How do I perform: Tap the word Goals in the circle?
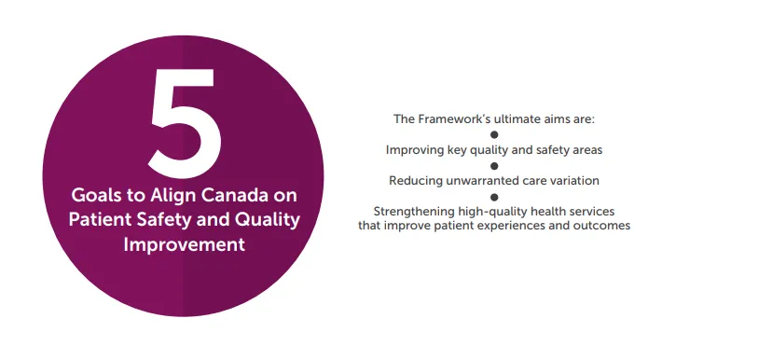[96, 197]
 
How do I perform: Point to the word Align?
[175, 197]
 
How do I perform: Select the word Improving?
[413, 149]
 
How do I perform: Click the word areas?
[585, 149]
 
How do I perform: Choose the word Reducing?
[417, 180]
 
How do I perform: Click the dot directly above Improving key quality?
[494, 134]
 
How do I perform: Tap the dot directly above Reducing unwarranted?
[494, 165]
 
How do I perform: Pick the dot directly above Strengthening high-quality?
[494, 196]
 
